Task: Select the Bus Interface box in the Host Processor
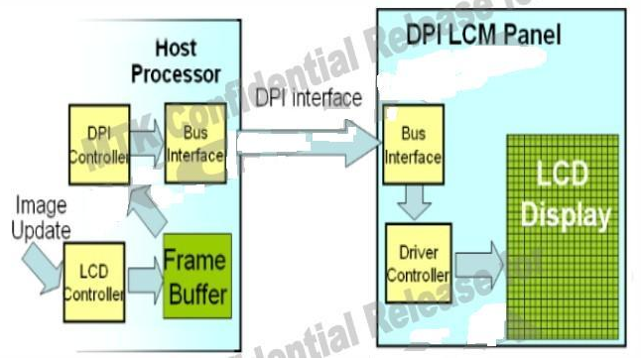tap(193, 145)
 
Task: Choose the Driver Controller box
tap(416, 260)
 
